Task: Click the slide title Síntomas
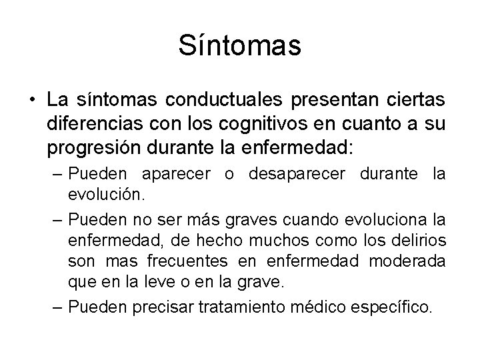coord(240,46)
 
